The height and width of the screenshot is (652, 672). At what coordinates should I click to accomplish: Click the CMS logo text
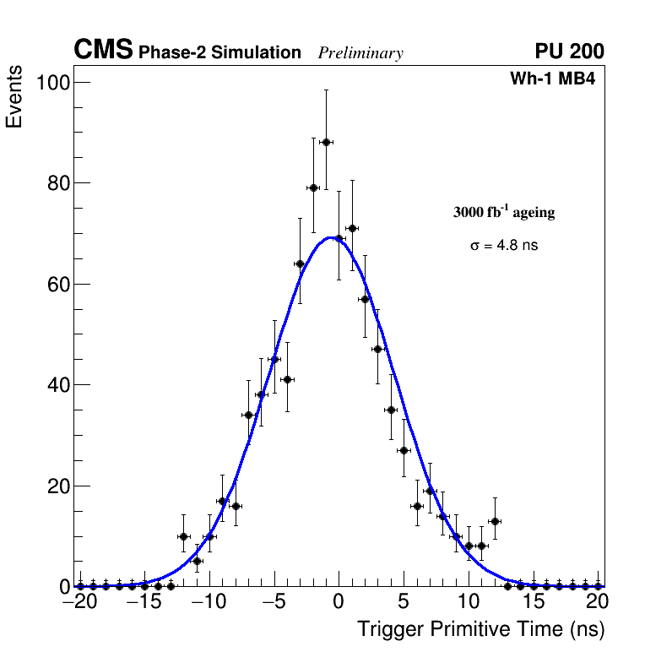[x=103, y=51]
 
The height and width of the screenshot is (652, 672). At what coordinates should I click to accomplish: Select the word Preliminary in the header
[x=360, y=53]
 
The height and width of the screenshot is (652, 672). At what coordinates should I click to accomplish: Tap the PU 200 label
[x=569, y=52]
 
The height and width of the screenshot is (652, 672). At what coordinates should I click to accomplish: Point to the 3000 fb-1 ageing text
[x=504, y=212]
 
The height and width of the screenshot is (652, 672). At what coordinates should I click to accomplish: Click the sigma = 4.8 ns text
[x=504, y=246]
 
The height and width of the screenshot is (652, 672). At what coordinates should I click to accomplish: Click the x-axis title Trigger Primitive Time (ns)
[x=480, y=629]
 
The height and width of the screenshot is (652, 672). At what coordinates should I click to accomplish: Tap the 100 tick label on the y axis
[x=51, y=82]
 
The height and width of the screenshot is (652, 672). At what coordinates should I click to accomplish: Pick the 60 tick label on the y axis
[x=57, y=284]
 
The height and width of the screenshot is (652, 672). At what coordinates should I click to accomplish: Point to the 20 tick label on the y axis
[x=57, y=486]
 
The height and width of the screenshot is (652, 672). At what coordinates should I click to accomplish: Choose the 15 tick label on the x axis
[x=534, y=602]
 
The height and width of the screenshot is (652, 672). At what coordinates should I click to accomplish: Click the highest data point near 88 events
[x=326, y=142]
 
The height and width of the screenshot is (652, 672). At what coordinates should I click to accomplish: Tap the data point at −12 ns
[x=183, y=536]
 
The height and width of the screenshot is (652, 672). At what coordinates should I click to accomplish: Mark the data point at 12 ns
[x=495, y=521]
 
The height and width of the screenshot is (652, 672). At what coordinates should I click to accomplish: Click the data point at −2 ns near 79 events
[x=313, y=187]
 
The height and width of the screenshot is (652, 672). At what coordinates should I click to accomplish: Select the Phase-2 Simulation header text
[x=219, y=53]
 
